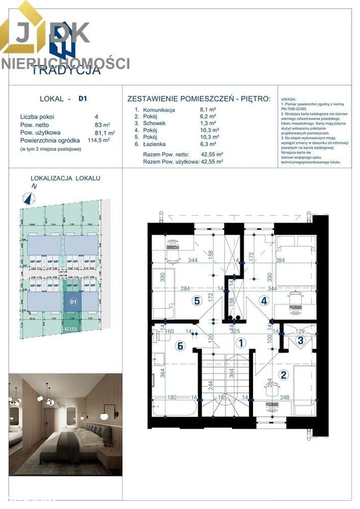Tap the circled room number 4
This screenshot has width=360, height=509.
264,300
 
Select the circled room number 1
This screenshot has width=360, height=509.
240,343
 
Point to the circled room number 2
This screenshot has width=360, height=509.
284,375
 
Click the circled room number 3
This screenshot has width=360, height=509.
301,341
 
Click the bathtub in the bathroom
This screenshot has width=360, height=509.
173,408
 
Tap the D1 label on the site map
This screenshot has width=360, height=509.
73,302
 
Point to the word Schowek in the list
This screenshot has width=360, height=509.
155,123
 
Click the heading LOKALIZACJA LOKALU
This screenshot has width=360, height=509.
66,178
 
